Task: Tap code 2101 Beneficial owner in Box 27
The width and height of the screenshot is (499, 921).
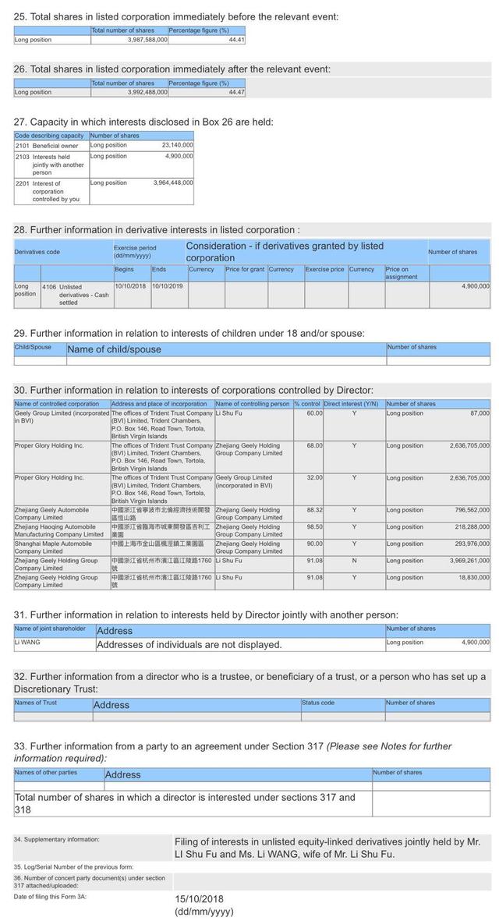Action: pos(48,145)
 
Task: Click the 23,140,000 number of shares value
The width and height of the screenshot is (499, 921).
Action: pos(177,145)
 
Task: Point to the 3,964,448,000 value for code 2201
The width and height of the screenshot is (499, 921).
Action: pos(173,182)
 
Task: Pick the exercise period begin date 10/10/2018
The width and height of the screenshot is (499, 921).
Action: pos(131,286)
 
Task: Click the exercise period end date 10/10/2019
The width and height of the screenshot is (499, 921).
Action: pos(168,286)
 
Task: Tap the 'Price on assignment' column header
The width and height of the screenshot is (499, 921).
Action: pos(405,273)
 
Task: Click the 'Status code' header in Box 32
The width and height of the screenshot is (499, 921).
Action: pos(318,703)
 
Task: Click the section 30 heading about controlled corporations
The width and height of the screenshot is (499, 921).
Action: pos(193,390)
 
